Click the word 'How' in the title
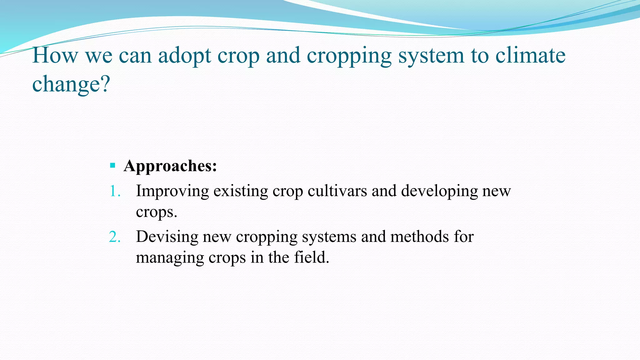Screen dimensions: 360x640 click(55, 56)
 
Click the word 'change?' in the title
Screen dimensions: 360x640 click(71, 84)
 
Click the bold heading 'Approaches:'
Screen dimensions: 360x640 click(170, 166)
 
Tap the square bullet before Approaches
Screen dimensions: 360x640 click(113, 165)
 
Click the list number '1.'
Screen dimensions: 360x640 click(115, 191)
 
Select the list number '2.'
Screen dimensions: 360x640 click(115, 237)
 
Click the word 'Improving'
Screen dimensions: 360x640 click(172, 191)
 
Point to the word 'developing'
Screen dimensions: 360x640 click(439, 191)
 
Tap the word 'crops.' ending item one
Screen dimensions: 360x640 click(156, 212)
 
